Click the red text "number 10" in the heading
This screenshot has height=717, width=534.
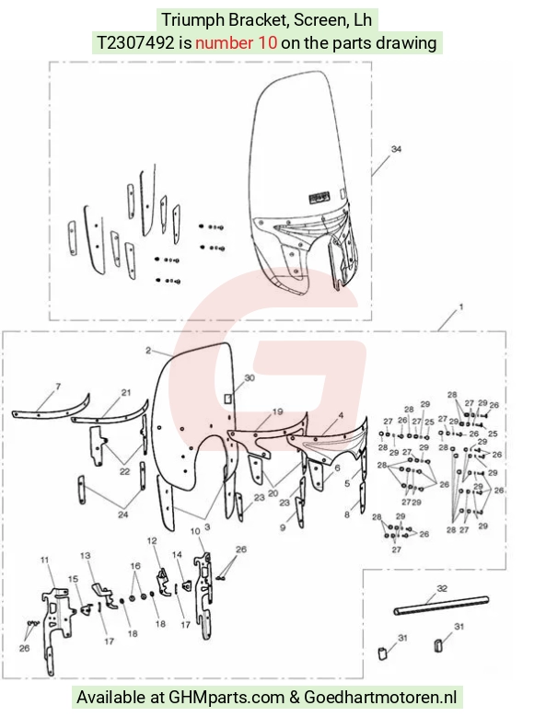coord(236,42)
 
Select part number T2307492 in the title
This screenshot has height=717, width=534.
coord(136,42)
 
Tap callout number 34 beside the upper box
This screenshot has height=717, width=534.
coord(396,149)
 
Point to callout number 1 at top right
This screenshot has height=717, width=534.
coord(460,306)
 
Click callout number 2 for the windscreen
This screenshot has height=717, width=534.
coord(148,351)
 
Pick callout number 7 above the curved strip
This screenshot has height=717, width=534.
coord(58,387)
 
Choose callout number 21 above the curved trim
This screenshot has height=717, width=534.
coord(126,392)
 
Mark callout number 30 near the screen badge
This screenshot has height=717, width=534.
coord(250,377)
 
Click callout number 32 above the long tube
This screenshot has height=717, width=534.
coord(442,588)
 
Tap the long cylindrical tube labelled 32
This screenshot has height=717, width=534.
coord(441,605)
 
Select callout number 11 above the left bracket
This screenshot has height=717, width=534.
coord(44,560)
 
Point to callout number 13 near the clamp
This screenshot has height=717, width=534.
coord(86,555)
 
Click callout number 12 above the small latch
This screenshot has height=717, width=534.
coord(152,540)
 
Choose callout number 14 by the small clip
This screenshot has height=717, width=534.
coord(177,554)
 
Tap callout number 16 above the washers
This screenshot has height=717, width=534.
coord(135,566)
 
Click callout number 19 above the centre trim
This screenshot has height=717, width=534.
coord(278,411)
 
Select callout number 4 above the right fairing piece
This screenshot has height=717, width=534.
coord(341,415)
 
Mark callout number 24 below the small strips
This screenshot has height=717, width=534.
coord(123,515)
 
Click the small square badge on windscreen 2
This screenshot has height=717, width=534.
coord(228,399)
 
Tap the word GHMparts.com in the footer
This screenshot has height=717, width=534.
coord(226,698)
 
